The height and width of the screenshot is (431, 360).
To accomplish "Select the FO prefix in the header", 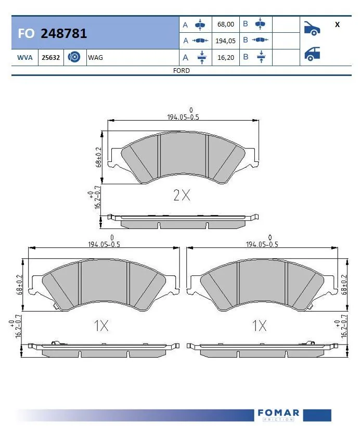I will [x=26, y=34].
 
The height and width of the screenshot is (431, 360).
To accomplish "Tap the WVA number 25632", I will [x=50, y=57].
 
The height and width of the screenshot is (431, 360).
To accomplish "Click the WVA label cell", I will [x=25, y=57].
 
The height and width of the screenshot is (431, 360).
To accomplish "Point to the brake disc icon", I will [x=74, y=57].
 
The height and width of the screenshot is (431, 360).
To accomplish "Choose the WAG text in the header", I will [x=96, y=57].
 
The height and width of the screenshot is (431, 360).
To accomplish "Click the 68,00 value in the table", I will [x=226, y=24].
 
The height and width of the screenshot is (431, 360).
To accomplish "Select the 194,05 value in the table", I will [x=226, y=41].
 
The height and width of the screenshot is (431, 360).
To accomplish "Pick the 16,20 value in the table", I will [x=226, y=57].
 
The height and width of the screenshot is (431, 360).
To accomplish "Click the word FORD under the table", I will [x=181, y=70].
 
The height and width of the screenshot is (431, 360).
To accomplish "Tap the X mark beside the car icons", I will [x=337, y=24].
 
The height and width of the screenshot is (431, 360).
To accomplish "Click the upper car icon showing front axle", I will [x=312, y=29].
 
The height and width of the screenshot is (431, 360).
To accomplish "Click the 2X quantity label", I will [x=182, y=196].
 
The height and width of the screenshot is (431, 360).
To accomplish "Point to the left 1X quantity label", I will [x=101, y=326].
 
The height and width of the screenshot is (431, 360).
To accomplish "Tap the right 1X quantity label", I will [x=259, y=326].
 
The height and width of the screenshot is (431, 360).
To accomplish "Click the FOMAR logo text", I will [x=278, y=413].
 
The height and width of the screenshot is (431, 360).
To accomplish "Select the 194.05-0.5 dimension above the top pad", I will [x=183, y=117].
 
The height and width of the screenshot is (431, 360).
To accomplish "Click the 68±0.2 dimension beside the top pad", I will [x=98, y=156].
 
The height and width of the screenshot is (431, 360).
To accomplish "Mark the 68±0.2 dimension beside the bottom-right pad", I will [x=344, y=284].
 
